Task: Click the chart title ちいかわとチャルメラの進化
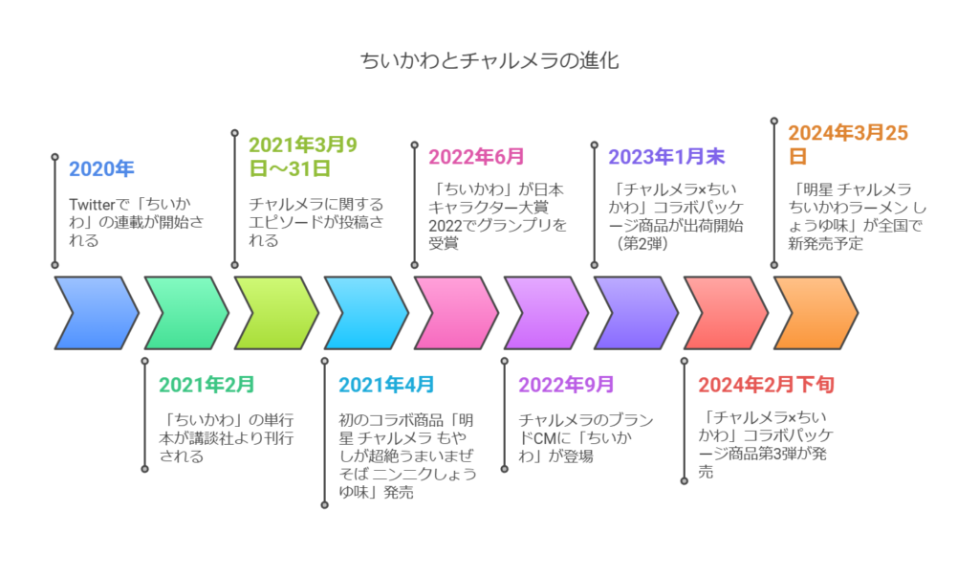point(489,60)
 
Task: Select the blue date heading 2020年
point(101,168)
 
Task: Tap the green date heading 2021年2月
point(207,385)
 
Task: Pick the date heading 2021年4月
point(386,385)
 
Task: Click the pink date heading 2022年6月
point(476,157)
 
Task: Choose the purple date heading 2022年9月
point(566,385)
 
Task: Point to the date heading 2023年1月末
point(666,157)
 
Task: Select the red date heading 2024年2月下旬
point(766,385)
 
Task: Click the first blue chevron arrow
point(97,312)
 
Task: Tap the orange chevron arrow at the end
point(816,312)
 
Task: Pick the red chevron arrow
point(727,312)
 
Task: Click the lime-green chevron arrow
point(276,312)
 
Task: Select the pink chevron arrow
point(456,312)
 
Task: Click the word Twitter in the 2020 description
point(92,205)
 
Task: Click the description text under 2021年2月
point(226,437)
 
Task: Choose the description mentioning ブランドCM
point(586,437)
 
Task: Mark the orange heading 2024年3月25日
point(848,144)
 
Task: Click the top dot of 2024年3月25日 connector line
point(774,121)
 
